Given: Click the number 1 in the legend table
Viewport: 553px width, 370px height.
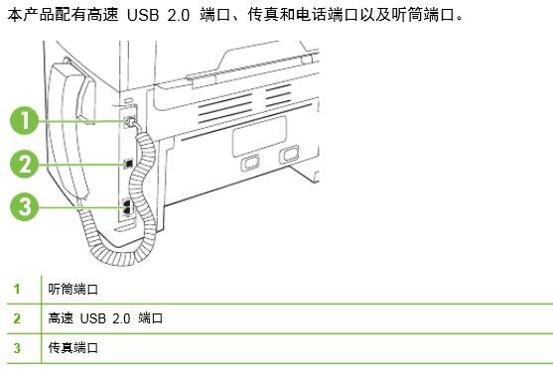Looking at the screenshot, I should click(x=16, y=289).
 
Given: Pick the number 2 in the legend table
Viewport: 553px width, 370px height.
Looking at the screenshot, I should click(x=16, y=318).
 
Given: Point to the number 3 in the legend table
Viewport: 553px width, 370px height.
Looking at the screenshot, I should click(x=16, y=348).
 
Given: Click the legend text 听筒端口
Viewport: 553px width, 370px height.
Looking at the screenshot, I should click(x=72, y=289).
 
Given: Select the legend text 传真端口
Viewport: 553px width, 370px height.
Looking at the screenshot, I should click(x=72, y=348).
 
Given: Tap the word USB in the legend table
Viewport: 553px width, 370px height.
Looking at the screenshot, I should click(x=92, y=318).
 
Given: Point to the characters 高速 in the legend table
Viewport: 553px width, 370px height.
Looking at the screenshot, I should click(x=60, y=318).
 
